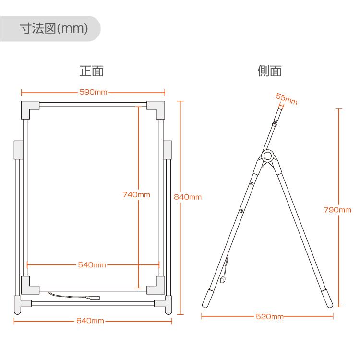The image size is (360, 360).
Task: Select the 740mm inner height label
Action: click(x=136, y=194)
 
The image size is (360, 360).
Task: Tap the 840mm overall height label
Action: click(x=187, y=197)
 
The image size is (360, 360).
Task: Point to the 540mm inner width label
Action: click(x=92, y=264)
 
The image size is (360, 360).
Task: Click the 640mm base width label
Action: click(x=90, y=321)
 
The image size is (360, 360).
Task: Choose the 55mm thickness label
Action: click(x=287, y=99)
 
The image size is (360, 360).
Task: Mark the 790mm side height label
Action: click(x=337, y=210)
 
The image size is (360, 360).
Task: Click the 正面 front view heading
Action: click(x=91, y=72)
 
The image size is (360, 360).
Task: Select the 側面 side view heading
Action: click(x=269, y=72)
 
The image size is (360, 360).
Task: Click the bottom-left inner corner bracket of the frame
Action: click(x=30, y=286)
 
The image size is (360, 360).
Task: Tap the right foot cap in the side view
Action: click(x=326, y=298)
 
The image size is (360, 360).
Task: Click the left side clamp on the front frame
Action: click(x=19, y=150)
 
